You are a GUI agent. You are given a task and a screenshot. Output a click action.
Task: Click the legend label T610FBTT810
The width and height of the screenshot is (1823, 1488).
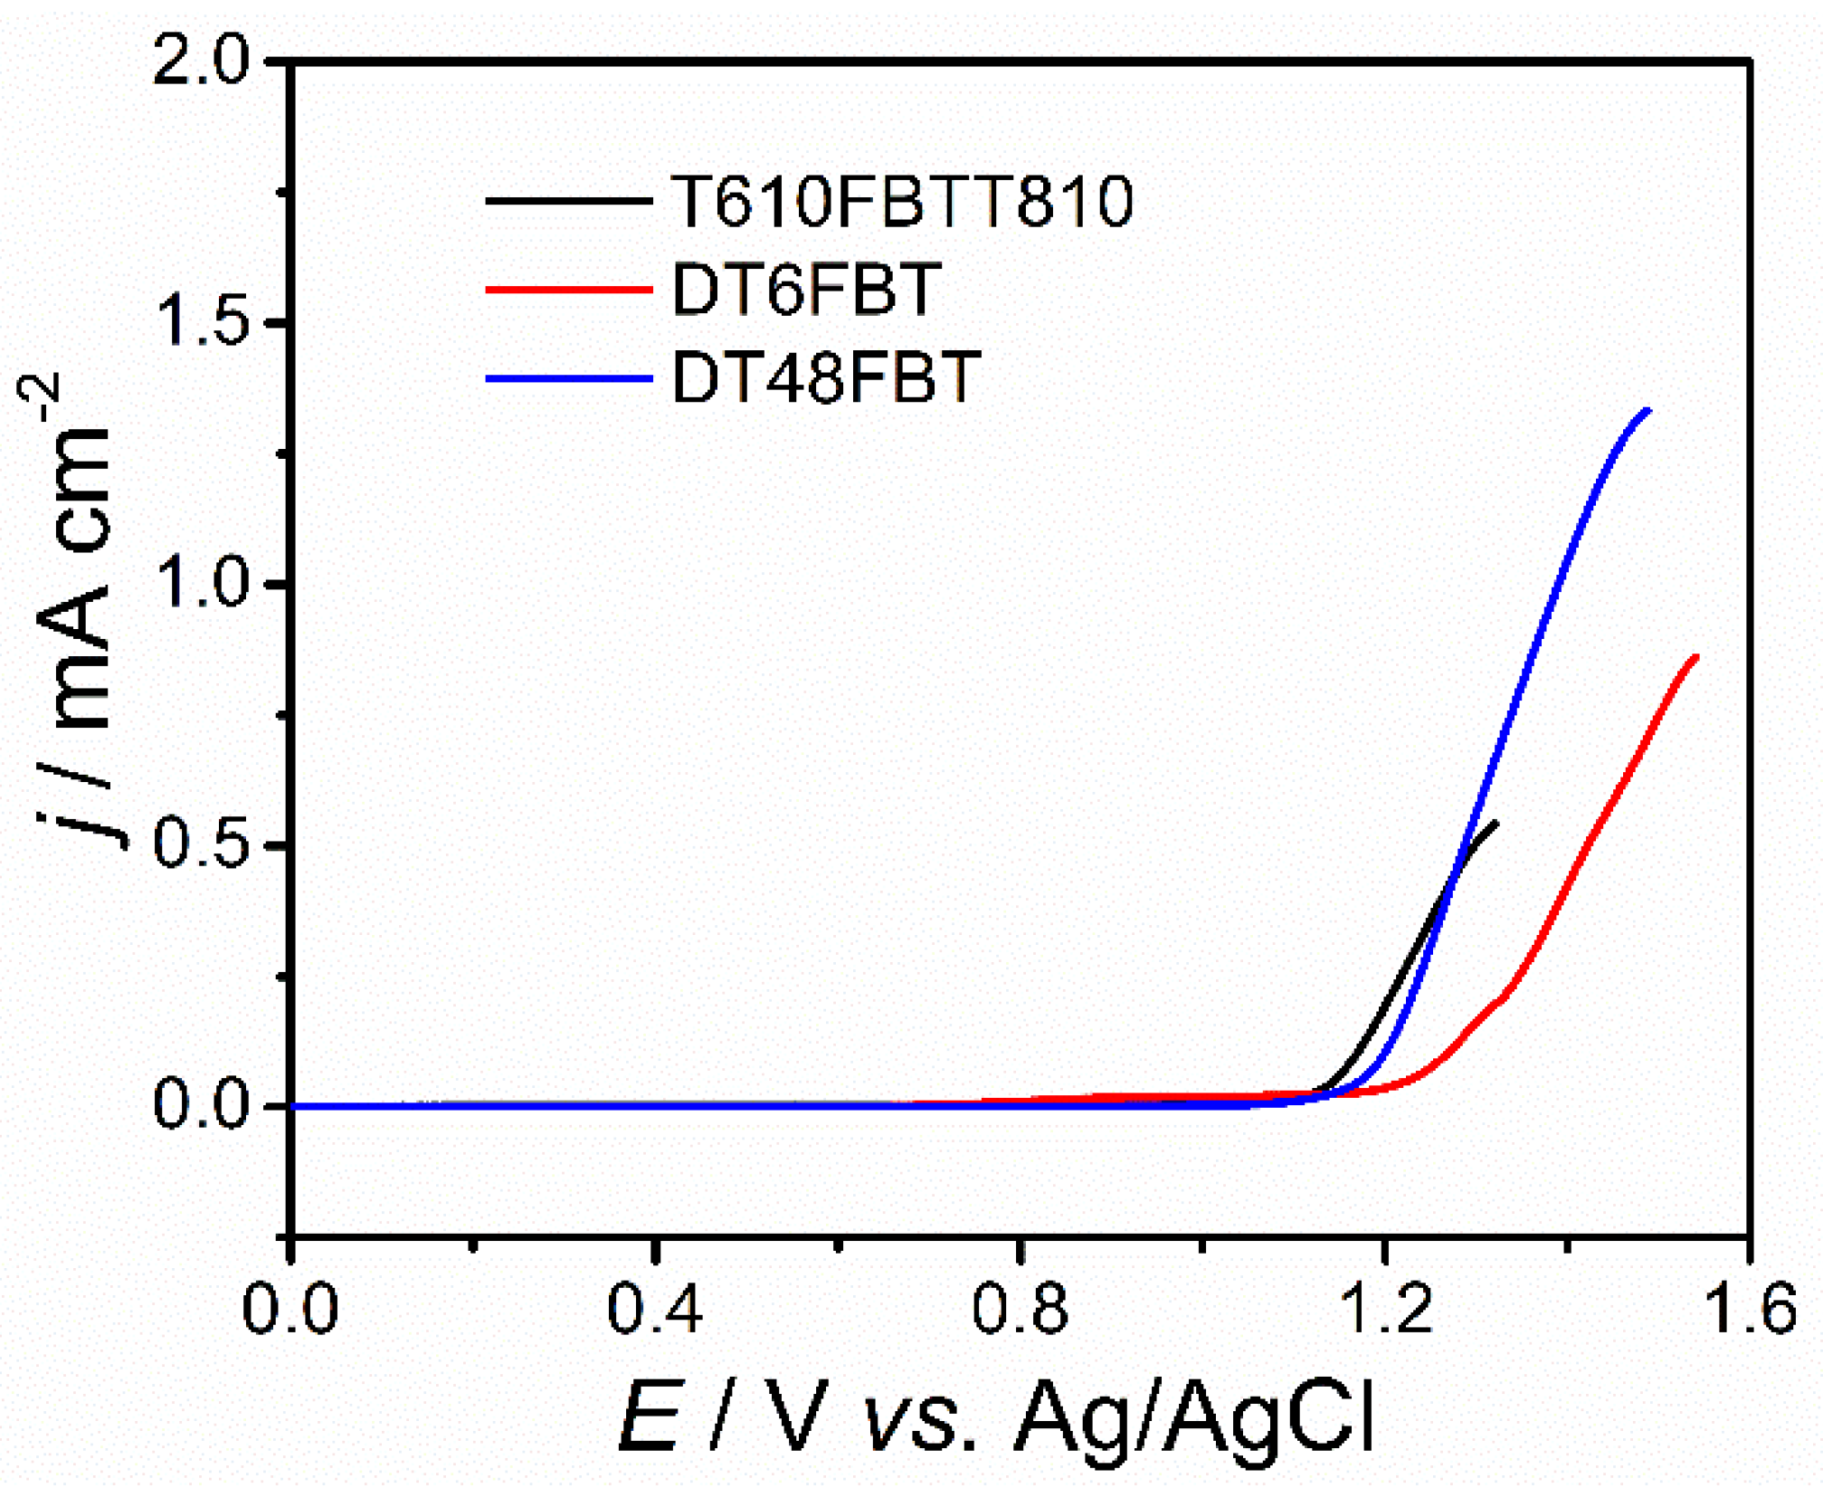(x=901, y=200)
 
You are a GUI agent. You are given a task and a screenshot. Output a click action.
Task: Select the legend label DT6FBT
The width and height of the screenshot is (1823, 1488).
(x=806, y=290)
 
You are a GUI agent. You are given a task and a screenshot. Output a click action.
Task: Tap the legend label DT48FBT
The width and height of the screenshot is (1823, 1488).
(x=826, y=377)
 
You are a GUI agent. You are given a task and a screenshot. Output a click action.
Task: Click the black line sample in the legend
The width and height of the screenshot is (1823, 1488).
(x=568, y=200)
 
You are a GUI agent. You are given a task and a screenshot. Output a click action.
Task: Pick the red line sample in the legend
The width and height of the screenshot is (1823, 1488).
(x=568, y=290)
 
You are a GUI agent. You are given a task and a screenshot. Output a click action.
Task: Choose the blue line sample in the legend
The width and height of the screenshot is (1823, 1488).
(x=568, y=378)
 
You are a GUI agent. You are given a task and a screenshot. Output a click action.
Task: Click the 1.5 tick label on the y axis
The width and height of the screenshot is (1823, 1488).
(x=200, y=323)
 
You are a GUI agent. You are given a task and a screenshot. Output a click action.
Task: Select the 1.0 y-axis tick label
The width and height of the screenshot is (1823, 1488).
(x=200, y=584)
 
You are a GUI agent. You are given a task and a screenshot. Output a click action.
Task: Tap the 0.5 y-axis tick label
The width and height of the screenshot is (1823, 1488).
(x=200, y=844)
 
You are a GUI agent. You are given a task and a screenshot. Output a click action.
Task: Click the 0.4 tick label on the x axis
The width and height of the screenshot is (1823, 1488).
(x=653, y=1310)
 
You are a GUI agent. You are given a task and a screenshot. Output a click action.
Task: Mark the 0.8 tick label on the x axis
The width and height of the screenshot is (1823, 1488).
(x=1019, y=1310)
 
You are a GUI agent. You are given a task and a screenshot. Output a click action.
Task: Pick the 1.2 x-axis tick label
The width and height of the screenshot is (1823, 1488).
(x=1384, y=1310)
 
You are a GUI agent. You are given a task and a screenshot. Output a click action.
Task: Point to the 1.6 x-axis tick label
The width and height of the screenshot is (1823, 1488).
(x=1748, y=1310)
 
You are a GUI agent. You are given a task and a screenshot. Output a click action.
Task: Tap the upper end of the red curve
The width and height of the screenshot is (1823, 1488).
(x=1695, y=658)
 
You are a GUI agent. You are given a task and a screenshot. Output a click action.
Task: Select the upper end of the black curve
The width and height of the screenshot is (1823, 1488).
(x=1495, y=823)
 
